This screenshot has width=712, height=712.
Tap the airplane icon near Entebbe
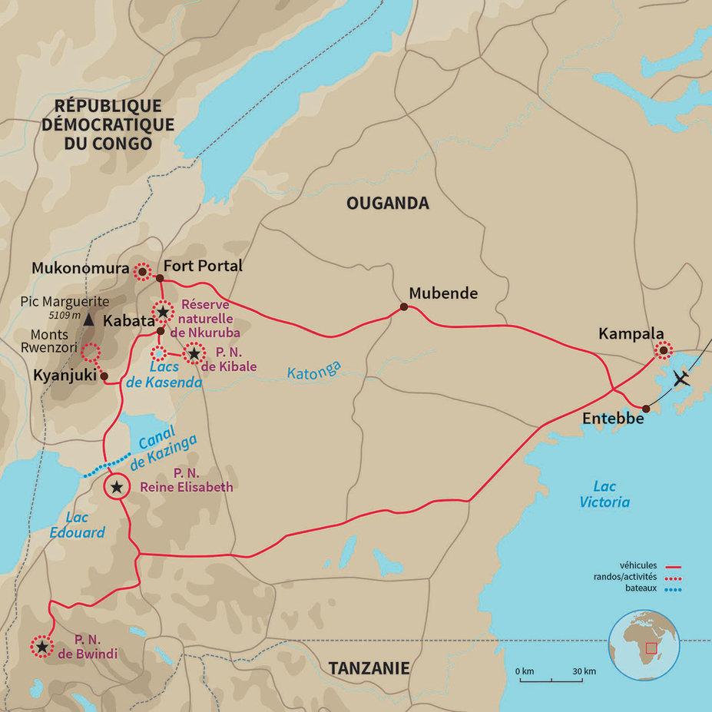pyautogui.click(x=681, y=378)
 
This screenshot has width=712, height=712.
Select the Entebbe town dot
pyautogui.click(x=647, y=409)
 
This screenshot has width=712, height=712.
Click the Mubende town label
pyautogui.click(x=443, y=293)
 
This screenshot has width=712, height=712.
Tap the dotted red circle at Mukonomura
pyautogui.click(x=142, y=271)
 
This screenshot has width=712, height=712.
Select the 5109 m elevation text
pyautogui.click(x=64, y=315)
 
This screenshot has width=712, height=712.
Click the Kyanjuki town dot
pyautogui.click(x=104, y=376)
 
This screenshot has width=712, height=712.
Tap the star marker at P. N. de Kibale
pyautogui.click(x=194, y=354)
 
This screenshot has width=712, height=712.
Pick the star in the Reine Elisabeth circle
pyautogui.click(x=116, y=487)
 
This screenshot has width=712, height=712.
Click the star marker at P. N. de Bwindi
pyautogui.click(x=41, y=647)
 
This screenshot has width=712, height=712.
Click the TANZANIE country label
pyautogui.click(x=369, y=668)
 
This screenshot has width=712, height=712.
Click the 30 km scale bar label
pyautogui.click(x=584, y=671)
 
